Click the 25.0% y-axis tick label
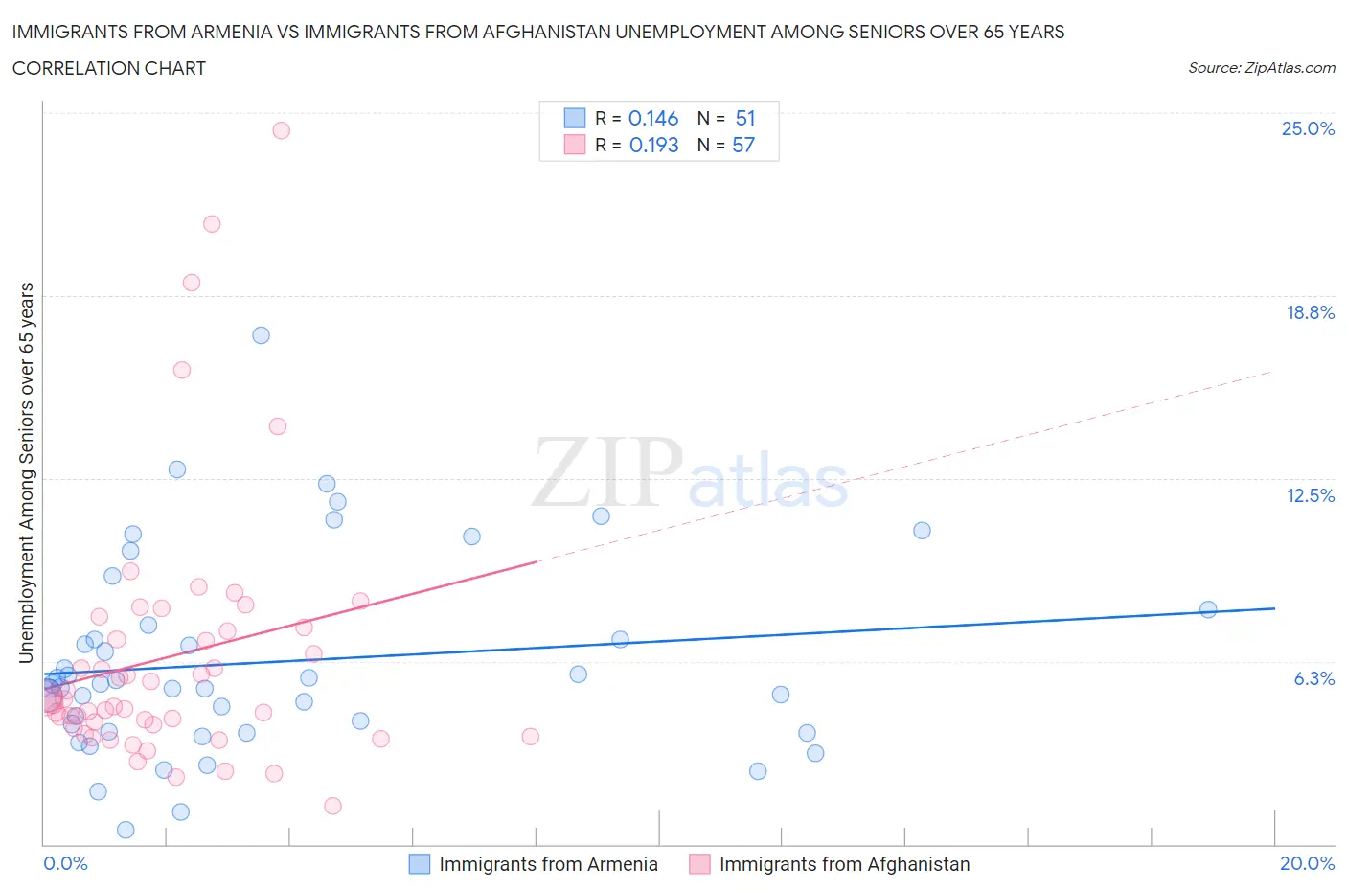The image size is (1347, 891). (1308, 128)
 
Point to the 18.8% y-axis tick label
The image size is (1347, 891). (1310, 312)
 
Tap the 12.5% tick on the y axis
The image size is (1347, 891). (1310, 495)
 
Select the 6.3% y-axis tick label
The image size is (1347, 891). (1313, 678)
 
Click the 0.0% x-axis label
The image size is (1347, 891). (65, 863)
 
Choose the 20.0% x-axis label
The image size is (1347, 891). (1307, 863)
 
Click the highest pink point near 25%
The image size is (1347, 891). (281, 130)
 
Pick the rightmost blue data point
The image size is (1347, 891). (1208, 609)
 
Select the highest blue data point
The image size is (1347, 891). (261, 335)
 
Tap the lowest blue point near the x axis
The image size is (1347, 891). (126, 830)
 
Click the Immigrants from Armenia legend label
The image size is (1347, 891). (548, 864)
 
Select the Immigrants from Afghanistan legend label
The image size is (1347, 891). (844, 864)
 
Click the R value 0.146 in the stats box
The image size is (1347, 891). (653, 118)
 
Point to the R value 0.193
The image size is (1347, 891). (653, 145)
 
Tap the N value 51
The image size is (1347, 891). (745, 118)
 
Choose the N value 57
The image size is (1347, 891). (743, 145)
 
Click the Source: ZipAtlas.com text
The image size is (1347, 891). (1261, 68)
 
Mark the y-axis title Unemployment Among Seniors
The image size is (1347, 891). (27, 472)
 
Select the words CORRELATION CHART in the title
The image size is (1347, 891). (109, 68)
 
